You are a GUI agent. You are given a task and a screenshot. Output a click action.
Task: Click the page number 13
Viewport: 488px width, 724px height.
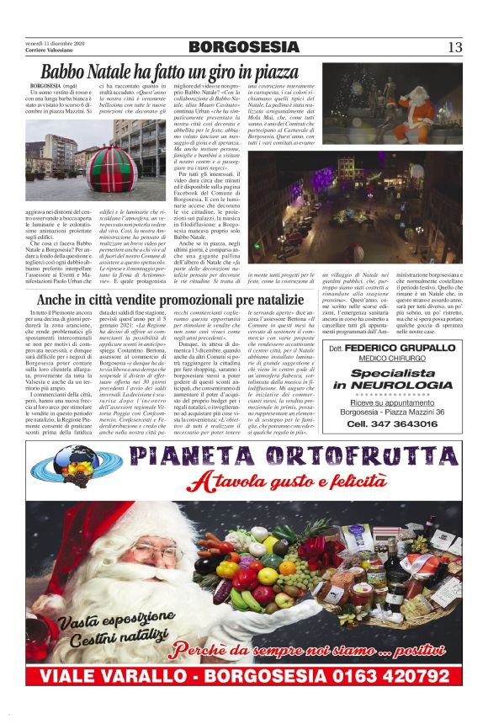(455, 47)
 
